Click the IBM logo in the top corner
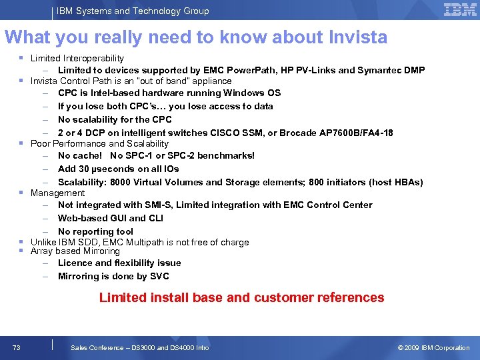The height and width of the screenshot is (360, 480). coord(460,9)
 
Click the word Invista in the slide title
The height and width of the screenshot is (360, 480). coord(357,37)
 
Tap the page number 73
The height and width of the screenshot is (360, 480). coord(17,347)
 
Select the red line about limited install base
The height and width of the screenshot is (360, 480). coord(241,297)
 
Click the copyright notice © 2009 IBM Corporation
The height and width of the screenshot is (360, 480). coord(433,347)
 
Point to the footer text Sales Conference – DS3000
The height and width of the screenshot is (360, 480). coord(140,347)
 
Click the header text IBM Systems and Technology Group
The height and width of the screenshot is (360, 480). coord(133,11)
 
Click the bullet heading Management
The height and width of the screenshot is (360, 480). coord(58,193)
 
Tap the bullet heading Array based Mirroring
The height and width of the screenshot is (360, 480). coord(75,251)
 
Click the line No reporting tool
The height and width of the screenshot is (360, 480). coord(95,231)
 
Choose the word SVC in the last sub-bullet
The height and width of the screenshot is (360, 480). coord(159,276)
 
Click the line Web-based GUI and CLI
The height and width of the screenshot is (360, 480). coord(111,218)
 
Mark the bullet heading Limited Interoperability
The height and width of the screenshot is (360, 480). coord(77,59)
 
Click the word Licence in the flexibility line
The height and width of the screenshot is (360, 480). coord(75,263)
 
